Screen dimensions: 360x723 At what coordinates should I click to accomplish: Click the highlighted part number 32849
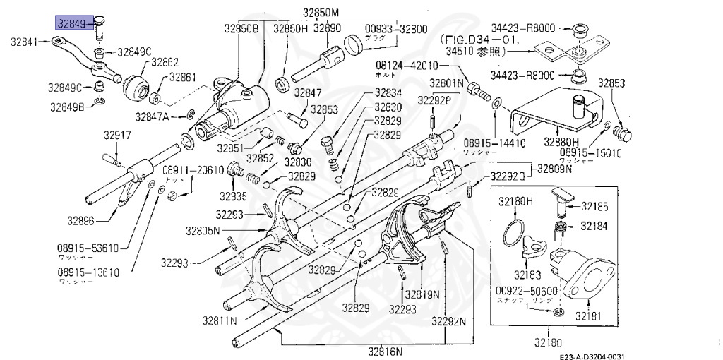click(75, 24)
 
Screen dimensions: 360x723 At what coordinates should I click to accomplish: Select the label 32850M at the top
click(321, 13)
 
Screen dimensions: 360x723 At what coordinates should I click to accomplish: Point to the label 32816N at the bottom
click(384, 351)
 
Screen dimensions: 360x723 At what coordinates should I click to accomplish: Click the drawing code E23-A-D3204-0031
click(593, 356)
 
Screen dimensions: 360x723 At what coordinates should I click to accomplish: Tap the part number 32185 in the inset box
click(599, 207)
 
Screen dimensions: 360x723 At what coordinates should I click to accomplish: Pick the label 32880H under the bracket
click(561, 141)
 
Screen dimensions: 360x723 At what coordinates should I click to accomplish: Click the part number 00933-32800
click(395, 29)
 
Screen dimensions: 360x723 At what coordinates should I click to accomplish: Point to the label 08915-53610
click(88, 248)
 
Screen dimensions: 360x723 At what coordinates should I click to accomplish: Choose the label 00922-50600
click(527, 290)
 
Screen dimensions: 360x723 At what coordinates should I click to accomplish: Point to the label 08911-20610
click(193, 170)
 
